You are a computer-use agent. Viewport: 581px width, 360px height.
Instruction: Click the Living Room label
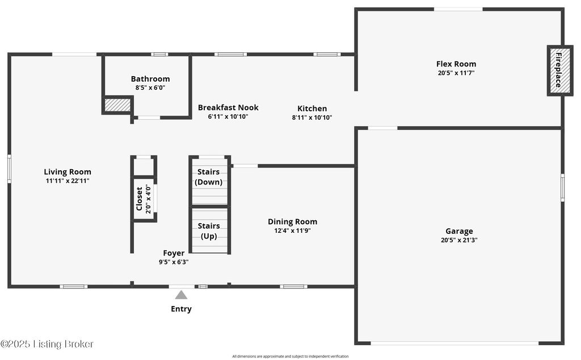[x=68, y=171]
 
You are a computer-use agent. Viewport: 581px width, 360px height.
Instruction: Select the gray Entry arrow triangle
[x=181, y=295]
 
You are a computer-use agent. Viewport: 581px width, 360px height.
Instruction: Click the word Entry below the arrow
[x=181, y=309]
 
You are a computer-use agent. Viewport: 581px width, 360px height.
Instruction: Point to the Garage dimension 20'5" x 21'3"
[x=459, y=240]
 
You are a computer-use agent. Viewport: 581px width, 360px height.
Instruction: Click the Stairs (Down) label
[x=209, y=177]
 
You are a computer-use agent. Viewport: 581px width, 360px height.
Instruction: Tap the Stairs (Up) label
[x=209, y=231]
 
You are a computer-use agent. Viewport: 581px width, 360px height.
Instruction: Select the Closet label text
[x=140, y=199]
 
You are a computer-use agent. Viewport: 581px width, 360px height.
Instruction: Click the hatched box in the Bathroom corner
[x=117, y=104]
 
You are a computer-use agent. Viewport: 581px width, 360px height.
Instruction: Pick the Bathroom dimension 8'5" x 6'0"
[x=150, y=88]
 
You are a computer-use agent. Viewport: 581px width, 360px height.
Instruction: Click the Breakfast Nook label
[x=228, y=107]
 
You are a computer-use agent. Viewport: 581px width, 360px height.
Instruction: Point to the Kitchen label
[x=312, y=108]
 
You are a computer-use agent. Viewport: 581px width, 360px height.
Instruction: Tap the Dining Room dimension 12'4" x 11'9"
[x=292, y=231]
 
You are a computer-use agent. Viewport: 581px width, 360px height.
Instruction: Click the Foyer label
[x=174, y=253]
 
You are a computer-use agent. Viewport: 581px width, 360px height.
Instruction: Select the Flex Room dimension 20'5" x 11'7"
[x=456, y=73]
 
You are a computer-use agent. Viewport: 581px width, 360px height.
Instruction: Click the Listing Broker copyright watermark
[x=47, y=344]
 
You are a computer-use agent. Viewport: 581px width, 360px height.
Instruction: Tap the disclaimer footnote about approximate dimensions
[x=290, y=356]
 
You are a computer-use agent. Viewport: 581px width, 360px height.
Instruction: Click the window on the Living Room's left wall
[x=9, y=169]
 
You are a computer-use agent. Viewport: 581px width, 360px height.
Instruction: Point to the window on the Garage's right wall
[x=562, y=187]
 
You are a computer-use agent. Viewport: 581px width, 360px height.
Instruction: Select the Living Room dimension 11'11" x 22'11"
[x=68, y=181]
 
